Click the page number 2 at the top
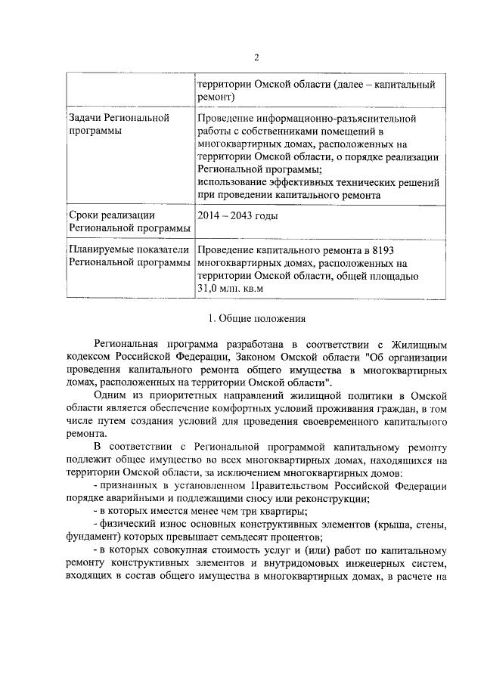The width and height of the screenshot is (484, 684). pyautogui.click(x=256, y=58)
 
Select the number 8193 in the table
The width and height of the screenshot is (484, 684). pyautogui.click(x=381, y=251)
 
